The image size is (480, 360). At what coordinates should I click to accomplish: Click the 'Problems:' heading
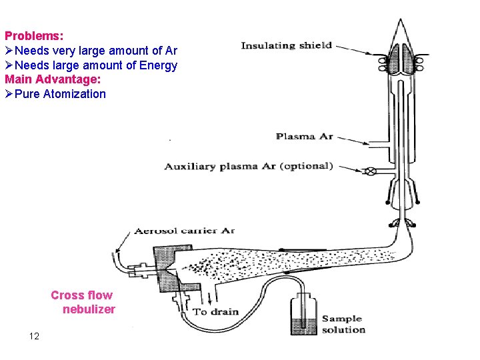click(34, 35)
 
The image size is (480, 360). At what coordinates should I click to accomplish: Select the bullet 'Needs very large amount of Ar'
click(95, 51)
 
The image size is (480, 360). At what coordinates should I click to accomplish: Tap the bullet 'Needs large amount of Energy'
click(95, 65)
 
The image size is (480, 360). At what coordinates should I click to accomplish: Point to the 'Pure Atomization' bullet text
click(60, 94)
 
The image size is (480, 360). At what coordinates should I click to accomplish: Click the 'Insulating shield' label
click(286, 46)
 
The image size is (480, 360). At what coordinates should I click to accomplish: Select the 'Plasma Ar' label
click(304, 137)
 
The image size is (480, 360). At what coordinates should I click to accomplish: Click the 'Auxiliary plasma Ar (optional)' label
click(248, 166)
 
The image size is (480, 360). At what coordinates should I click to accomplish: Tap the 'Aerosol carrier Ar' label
click(185, 231)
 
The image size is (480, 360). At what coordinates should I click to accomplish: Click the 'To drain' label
click(216, 312)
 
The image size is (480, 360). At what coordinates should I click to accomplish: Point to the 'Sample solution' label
click(343, 324)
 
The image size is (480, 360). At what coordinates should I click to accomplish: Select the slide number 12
click(34, 336)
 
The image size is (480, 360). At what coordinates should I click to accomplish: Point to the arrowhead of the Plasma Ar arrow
click(367, 143)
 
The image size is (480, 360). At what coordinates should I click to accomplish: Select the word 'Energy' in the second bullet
click(159, 65)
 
